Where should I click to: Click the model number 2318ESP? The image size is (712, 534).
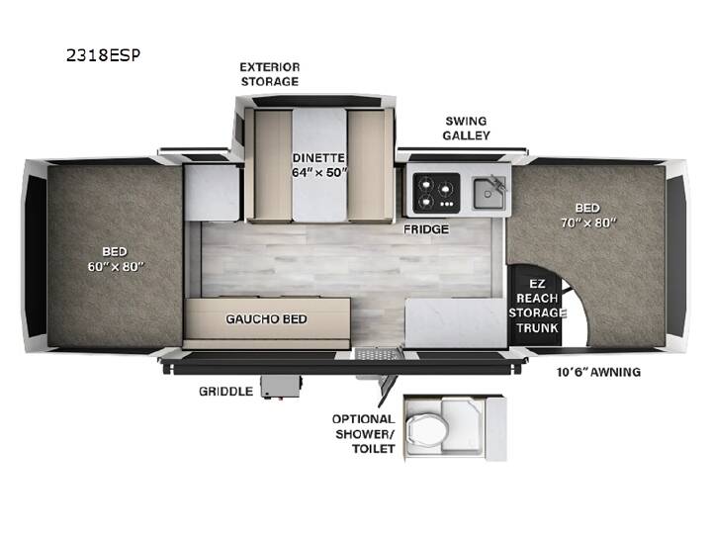[x=103, y=55]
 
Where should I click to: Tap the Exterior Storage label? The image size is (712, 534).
[x=270, y=74]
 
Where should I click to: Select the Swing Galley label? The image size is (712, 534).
[x=467, y=128]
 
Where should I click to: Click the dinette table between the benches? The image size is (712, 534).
[x=319, y=165]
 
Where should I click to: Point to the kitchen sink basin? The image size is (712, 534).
[x=489, y=193]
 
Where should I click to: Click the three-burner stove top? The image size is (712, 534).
[x=436, y=193]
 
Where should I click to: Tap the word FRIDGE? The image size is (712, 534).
[x=426, y=229]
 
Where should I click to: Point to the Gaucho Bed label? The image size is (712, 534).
[x=267, y=319]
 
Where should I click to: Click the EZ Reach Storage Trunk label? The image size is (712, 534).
[x=537, y=306]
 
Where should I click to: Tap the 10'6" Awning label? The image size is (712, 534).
[x=598, y=372]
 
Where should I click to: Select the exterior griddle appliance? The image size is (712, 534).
[x=281, y=387]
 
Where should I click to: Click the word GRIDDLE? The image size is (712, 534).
[x=225, y=392]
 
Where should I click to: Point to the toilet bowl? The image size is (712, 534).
[x=426, y=428]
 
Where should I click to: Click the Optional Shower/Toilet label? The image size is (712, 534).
[x=364, y=434]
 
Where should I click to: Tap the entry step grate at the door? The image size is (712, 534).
[x=378, y=353]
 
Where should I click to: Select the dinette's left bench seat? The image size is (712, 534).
[x=273, y=165]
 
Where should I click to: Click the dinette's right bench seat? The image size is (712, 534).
[x=366, y=165]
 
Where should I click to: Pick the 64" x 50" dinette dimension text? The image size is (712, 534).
[x=319, y=172]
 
